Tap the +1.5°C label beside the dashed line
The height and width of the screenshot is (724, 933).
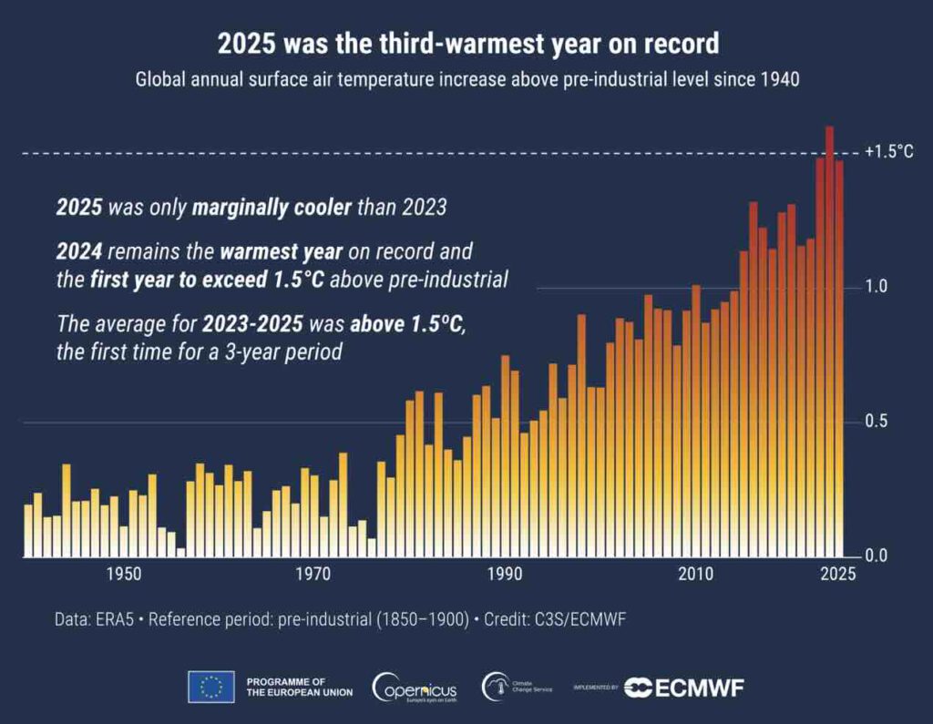point(889,152)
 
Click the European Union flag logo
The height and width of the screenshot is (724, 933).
point(211,687)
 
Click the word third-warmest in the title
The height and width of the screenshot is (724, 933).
point(409,44)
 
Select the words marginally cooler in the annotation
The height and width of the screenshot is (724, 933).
point(272,208)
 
